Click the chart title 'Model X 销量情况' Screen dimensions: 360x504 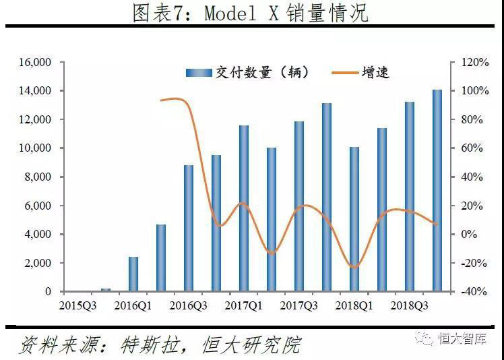[251, 13]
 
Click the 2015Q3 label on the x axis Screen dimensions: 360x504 [77, 305]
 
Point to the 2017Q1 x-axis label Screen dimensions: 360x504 [244, 305]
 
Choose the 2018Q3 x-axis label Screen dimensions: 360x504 [410, 305]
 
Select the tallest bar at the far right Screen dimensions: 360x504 [437, 190]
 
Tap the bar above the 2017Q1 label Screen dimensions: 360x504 [244, 208]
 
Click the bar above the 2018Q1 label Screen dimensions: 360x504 [354, 218]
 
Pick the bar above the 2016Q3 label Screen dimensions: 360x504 [189, 228]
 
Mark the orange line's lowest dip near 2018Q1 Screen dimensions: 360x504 [354, 267]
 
